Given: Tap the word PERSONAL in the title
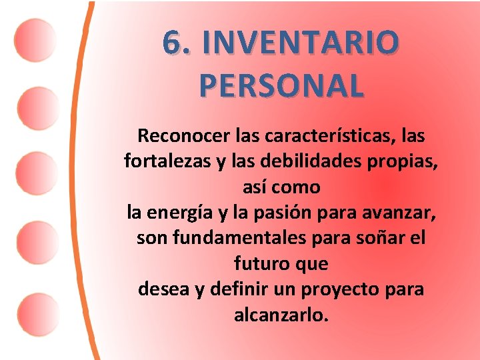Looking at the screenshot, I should pos(281,85).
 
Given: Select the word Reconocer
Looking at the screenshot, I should pos(183,136).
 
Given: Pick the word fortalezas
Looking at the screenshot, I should pos(158,161).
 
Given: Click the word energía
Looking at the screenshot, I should pos(177,213).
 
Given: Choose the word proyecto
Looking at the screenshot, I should pos(337,290).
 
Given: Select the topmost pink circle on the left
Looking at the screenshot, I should pos(35,39).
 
